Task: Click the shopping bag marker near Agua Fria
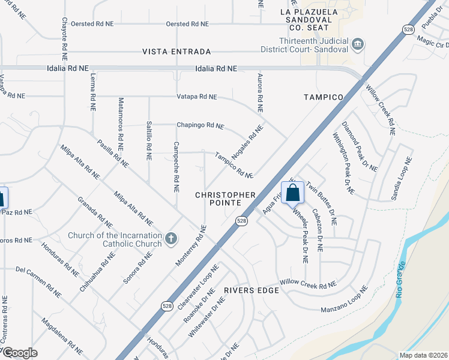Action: pyautogui.click(x=292, y=193)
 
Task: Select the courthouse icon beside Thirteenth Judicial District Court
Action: pyautogui.click(x=358, y=44)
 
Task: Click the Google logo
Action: pyautogui.click(x=19, y=353)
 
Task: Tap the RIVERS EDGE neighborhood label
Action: pyautogui.click(x=252, y=290)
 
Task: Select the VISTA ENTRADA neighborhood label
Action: pyautogui.click(x=176, y=52)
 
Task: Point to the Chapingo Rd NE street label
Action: pyautogui.click(x=200, y=126)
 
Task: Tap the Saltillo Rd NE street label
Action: pyautogui.click(x=149, y=140)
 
